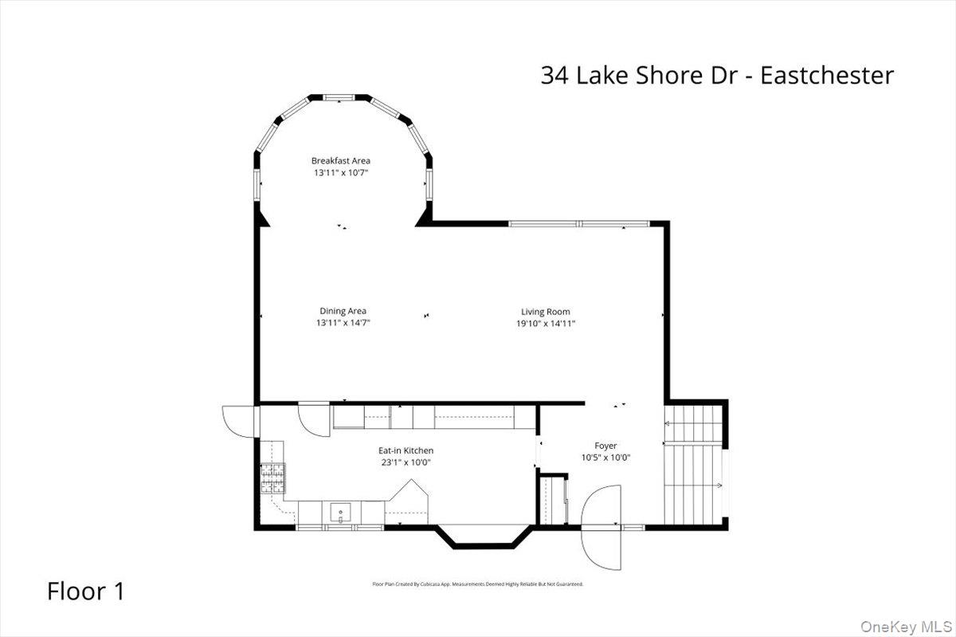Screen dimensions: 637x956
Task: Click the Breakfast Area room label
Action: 340,160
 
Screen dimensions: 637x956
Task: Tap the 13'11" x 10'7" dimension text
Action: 340,172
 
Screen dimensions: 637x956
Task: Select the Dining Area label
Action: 343,311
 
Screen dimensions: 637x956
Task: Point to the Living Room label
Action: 546,312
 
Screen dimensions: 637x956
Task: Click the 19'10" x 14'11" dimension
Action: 546,324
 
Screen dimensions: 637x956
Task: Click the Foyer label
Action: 605,446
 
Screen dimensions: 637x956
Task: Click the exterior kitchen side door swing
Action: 239,421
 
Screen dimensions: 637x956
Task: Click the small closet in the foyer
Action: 552,500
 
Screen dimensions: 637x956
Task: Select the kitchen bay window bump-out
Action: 484,537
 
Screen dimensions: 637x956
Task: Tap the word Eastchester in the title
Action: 827,76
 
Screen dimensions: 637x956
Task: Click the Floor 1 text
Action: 86,592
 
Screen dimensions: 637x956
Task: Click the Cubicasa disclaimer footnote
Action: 478,584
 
